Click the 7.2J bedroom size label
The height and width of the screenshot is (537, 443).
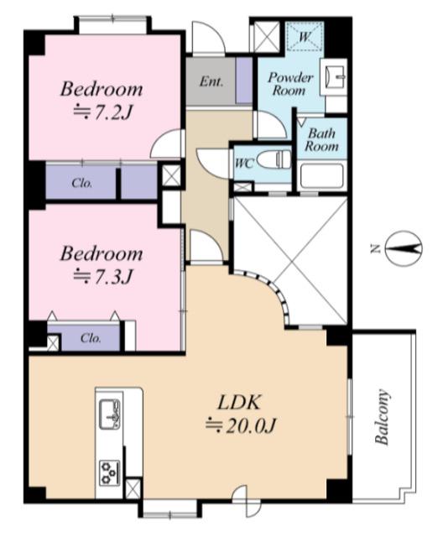102,112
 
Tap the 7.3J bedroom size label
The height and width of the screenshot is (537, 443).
102,277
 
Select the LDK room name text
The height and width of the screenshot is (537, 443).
239,403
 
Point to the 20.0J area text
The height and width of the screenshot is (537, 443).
240,426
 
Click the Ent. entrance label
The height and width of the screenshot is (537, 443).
211,81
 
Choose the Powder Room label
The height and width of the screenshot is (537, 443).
290,84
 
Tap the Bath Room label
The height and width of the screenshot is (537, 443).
321,140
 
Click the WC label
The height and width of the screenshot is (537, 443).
244,164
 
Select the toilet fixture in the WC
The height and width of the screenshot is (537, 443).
274,159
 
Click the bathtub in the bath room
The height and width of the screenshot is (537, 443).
322,175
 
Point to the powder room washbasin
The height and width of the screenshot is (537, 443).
336,76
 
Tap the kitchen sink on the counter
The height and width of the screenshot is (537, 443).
110,414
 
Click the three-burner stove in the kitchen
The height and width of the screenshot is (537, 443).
110,473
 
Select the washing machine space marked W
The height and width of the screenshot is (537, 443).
305,36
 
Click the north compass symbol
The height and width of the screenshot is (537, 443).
404,248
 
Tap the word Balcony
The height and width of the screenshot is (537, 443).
383,417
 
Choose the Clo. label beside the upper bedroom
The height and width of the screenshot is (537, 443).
82,184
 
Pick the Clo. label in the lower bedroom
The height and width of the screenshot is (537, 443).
91,338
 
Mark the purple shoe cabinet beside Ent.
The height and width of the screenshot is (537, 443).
244,81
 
